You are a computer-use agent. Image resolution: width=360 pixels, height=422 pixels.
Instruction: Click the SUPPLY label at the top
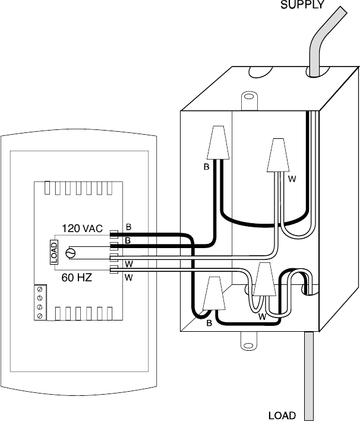click(x=302, y=4)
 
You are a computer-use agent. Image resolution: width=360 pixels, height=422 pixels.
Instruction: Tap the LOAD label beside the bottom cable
click(x=282, y=416)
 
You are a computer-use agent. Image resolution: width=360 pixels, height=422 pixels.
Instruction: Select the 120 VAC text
click(x=82, y=229)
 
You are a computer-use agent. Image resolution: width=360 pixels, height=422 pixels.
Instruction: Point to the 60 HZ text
click(x=77, y=278)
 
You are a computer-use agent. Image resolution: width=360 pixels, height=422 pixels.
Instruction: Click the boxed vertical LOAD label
click(x=54, y=252)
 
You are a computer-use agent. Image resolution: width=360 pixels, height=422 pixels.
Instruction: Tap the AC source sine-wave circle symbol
click(x=71, y=253)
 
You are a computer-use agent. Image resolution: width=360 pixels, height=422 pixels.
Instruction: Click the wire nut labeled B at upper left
click(x=218, y=142)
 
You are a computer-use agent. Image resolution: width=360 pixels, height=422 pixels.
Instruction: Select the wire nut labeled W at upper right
click(x=278, y=156)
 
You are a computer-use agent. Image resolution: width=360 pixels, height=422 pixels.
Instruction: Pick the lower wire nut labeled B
click(x=214, y=293)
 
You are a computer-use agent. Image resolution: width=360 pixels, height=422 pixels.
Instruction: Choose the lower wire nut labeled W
click(x=265, y=279)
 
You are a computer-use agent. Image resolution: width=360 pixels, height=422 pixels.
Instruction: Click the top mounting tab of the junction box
click(x=249, y=100)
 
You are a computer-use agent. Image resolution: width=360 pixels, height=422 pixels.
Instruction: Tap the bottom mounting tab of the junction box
click(x=249, y=341)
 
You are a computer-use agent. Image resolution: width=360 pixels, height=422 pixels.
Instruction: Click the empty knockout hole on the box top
click(x=261, y=72)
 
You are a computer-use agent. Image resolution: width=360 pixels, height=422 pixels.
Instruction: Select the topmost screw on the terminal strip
click(x=40, y=289)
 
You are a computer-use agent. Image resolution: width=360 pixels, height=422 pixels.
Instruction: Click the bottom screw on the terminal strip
click(x=40, y=315)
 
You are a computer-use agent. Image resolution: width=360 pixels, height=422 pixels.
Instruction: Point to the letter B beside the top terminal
click(x=128, y=227)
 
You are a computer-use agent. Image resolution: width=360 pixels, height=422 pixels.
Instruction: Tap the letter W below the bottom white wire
click(x=129, y=278)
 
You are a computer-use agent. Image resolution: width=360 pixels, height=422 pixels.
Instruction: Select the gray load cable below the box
click(x=309, y=376)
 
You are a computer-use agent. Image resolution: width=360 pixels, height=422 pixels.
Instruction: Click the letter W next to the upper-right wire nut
click(x=292, y=179)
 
